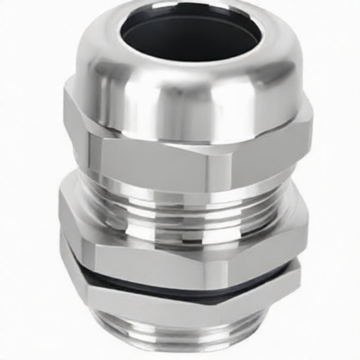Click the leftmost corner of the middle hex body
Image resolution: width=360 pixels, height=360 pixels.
coord(60,211)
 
